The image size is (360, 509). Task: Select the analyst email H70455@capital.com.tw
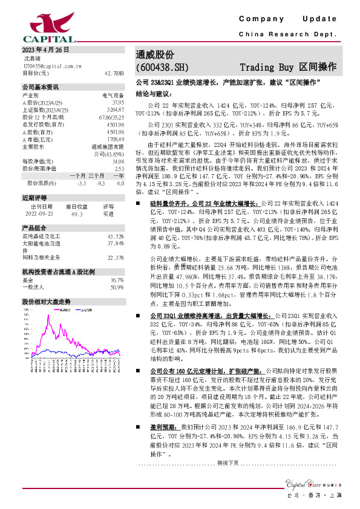(x=48, y=65)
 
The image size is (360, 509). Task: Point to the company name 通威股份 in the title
(x=155, y=54)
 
